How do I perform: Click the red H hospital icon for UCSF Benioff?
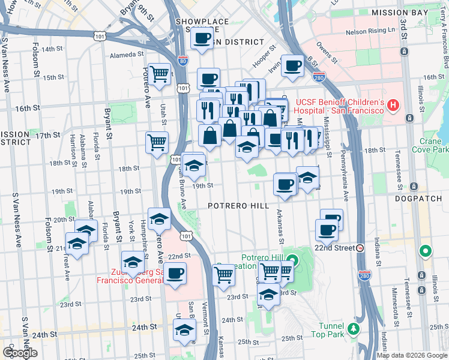click(x=393, y=106)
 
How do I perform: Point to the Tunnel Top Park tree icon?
click(x=354, y=328)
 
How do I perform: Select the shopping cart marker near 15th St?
click(x=159, y=74)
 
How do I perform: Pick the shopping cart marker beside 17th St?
click(x=157, y=143)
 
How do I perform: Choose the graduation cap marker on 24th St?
click(x=184, y=329)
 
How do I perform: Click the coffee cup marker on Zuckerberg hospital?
click(x=175, y=274)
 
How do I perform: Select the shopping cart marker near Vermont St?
click(x=223, y=275)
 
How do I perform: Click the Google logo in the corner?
click(x=20, y=353)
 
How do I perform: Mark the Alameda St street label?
click(x=125, y=55)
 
